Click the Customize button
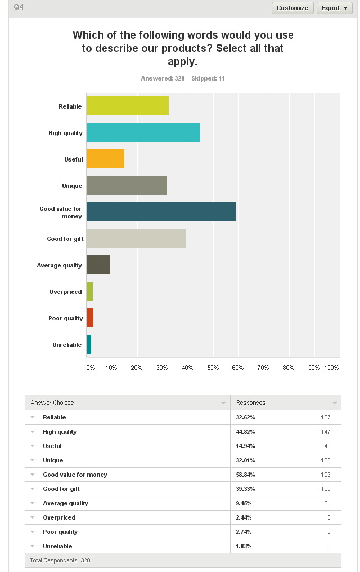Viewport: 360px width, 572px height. [x=293, y=8]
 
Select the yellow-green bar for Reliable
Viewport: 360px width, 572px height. [x=128, y=106]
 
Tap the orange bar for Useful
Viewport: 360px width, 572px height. [x=105, y=159]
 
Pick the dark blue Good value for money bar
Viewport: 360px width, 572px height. [x=161, y=211]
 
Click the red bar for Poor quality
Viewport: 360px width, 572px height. [x=90, y=318]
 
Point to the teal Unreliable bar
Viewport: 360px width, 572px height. [x=89, y=344]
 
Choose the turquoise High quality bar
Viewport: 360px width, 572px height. [x=143, y=132]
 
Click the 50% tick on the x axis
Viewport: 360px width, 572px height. [x=213, y=368]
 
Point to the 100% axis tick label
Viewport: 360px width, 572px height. [x=331, y=368]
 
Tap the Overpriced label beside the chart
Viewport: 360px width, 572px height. [x=66, y=292]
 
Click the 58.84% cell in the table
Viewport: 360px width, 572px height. [x=246, y=475]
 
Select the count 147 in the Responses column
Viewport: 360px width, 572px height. [x=326, y=432]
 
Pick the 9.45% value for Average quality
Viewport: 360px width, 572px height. [x=244, y=503]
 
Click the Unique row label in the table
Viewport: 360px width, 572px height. [x=53, y=460]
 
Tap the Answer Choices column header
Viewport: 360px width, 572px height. [x=52, y=403]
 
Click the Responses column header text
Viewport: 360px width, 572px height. [x=250, y=403]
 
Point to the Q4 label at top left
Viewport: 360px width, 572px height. [x=19, y=7]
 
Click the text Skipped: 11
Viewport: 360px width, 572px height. [x=208, y=78]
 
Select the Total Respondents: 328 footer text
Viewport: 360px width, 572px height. [x=60, y=560]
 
